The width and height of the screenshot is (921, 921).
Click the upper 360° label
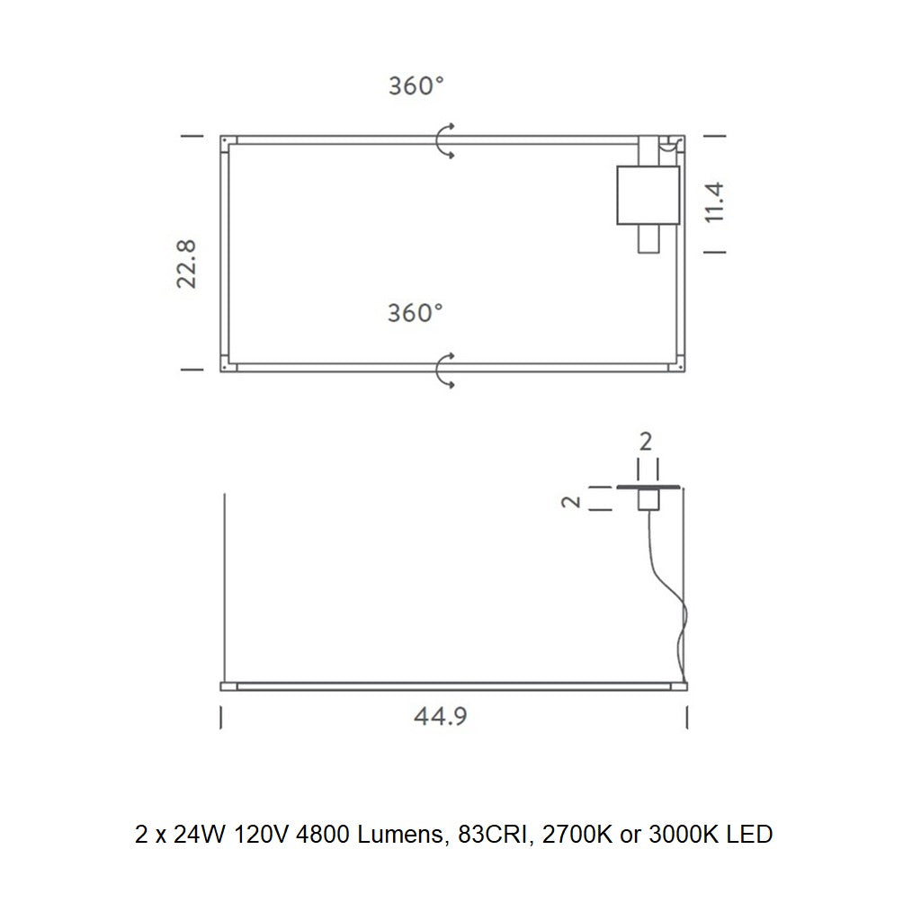tap(416, 86)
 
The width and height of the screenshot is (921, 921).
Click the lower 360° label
tap(416, 313)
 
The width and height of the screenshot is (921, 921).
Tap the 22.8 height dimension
tap(187, 263)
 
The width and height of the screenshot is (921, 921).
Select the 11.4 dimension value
tap(714, 202)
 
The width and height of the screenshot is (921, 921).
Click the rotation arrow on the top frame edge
tap(444, 142)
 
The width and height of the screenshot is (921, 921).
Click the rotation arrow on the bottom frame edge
tap(444, 370)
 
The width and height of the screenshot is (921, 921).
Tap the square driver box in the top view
tap(648, 194)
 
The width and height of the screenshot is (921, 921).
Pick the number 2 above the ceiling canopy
tap(646, 442)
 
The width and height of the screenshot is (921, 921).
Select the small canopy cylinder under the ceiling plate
tap(648, 500)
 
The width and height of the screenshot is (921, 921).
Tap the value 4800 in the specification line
tap(323, 835)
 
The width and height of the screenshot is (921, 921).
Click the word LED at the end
tap(750, 835)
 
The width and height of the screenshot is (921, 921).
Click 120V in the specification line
tap(261, 835)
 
